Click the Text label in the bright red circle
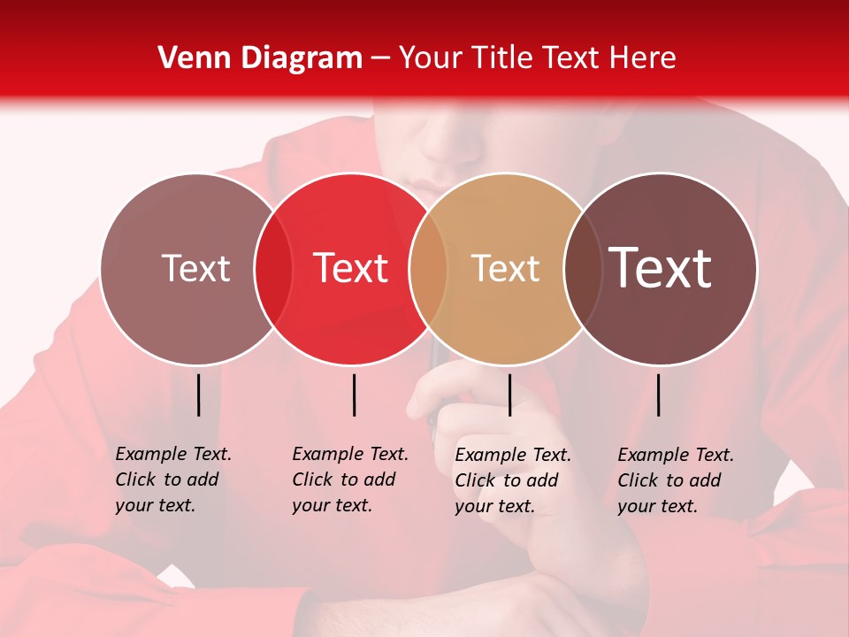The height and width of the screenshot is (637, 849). click(x=351, y=268)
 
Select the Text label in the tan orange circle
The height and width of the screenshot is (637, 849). click(x=505, y=268)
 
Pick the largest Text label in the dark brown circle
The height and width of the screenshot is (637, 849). click(x=661, y=268)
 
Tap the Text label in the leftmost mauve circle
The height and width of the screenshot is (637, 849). click(x=195, y=268)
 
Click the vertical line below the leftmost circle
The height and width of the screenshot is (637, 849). click(x=198, y=395)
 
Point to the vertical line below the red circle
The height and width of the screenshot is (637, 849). click(x=354, y=395)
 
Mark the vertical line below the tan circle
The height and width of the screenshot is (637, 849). click(x=509, y=395)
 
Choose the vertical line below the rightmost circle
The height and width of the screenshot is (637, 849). click(x=659, y=395)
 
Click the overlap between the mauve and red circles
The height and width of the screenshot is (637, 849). click(x=273, y=269)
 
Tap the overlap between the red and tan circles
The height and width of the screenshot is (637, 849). click(x=428, y=269)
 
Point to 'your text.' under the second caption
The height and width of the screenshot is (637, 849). click(x=332, y=505)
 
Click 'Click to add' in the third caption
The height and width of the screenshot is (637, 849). click(x=507, y=480)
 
